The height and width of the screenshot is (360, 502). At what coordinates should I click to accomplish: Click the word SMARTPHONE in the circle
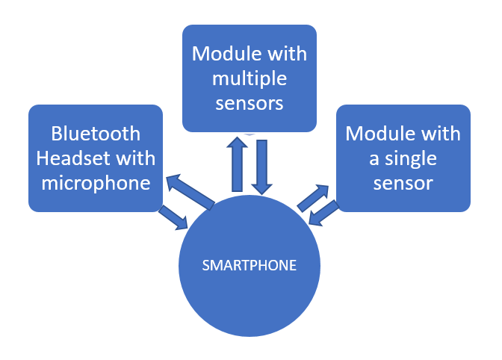point(250,265)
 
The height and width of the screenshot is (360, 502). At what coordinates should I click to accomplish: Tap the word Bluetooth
point(96,134)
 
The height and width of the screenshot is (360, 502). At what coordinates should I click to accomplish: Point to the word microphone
point(96,181)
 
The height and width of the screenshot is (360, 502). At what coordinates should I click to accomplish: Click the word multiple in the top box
point(249,78)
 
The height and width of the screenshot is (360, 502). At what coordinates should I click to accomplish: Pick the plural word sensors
point(249,102)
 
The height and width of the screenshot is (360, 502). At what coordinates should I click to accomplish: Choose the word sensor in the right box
point(403,182)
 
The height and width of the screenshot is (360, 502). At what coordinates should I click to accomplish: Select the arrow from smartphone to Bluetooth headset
point(190,192)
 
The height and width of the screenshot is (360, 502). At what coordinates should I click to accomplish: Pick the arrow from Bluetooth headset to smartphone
point(173,217)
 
